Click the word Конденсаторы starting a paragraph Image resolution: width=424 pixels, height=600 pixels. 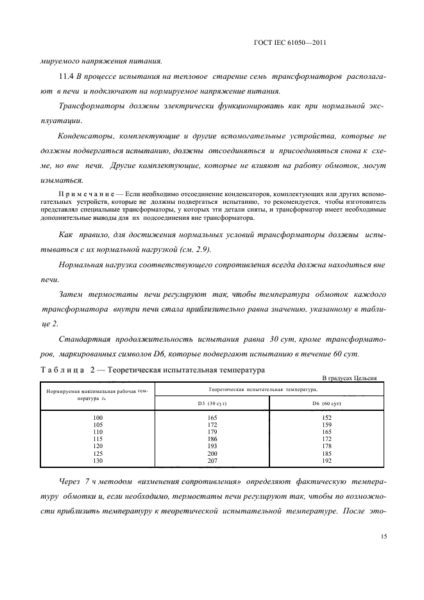point(85,136)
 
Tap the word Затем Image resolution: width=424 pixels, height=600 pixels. point(71,294)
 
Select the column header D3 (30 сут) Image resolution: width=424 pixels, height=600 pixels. point(212,403)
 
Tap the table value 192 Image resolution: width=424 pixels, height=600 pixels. point(326,461)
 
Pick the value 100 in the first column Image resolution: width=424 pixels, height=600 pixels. point(98,417)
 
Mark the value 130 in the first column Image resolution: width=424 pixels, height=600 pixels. point(98,461)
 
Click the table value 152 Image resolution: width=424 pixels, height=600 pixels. point(326,417)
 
